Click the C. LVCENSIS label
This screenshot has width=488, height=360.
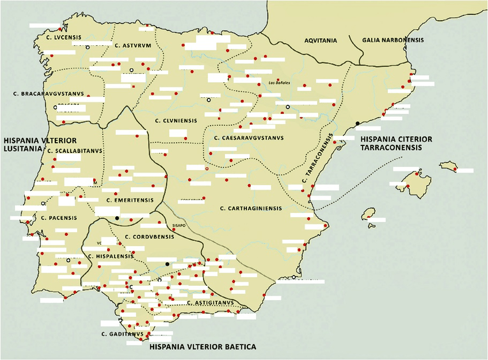[64, 37]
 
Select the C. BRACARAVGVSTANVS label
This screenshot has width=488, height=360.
[48, 93]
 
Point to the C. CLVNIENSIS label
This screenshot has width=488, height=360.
[176, 120]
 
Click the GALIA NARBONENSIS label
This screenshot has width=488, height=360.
[393, 40]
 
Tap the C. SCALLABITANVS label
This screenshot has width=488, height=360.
[75, 151]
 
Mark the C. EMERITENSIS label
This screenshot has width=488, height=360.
[130, 200]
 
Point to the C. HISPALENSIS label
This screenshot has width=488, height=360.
[110, 256]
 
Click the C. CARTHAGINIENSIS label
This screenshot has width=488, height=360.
[251, 208]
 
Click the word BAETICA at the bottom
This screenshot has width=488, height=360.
[237, 347]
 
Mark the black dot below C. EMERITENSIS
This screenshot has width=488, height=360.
[117, 218]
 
